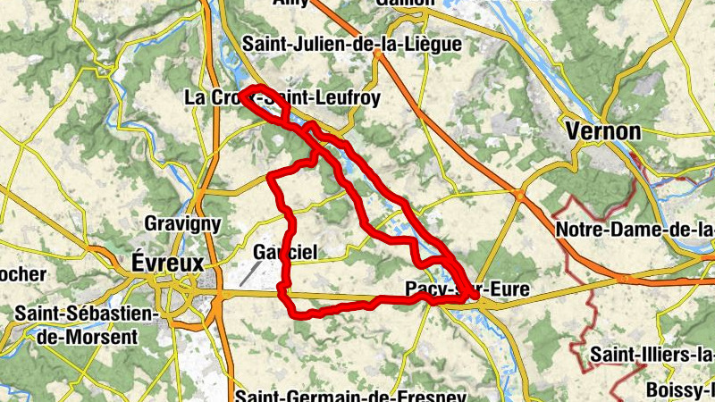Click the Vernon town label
click(604, 131)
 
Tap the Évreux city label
click(167, 262)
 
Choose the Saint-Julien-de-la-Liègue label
click(352, 44)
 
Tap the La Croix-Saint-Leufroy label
click(282, 96)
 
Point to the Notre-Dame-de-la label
click(635, 230)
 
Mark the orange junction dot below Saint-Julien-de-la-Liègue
click(378, 55)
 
